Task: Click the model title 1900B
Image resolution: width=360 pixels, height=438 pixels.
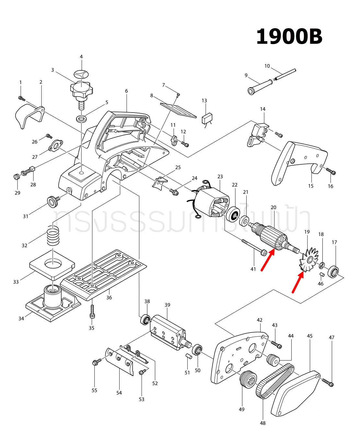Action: pos(289,37)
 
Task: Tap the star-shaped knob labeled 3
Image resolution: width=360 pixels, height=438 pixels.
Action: pos(81,89)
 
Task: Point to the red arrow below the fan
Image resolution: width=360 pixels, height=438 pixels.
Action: pos(298,282)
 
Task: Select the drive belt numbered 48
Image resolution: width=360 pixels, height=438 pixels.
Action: pos(275,381)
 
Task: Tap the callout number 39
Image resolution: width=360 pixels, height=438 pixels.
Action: pos(167,305)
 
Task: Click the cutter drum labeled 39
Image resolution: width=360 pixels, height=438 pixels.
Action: pos(167,332)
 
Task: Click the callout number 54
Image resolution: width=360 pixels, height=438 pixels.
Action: pos(119,393)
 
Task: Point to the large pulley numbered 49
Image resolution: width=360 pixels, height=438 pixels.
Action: pos(249,378)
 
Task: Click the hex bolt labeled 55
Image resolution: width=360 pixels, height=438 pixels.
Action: pos(96,362)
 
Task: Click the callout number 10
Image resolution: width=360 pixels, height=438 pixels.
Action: pos(267,66)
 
